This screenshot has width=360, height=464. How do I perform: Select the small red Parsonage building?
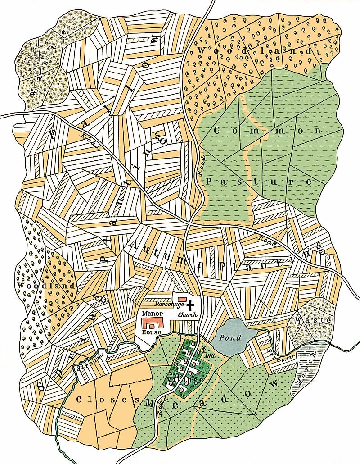[x=182, y=299]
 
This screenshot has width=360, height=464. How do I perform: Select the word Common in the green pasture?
[x=267, y=131]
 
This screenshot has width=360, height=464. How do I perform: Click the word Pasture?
[x=259, y=182]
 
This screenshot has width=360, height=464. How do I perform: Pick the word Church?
[x=188, y=314]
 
